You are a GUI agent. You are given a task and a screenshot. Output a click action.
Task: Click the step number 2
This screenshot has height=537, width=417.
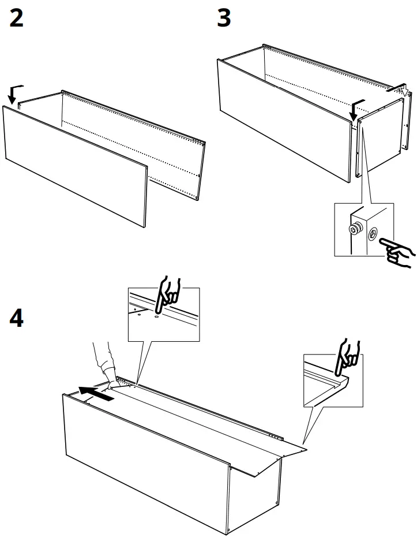17,19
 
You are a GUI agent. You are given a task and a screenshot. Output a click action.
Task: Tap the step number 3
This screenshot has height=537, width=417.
224,19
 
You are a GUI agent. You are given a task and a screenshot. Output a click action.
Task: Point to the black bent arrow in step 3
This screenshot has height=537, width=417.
356,107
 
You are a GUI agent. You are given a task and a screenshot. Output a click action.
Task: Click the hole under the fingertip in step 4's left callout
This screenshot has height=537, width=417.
156,315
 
